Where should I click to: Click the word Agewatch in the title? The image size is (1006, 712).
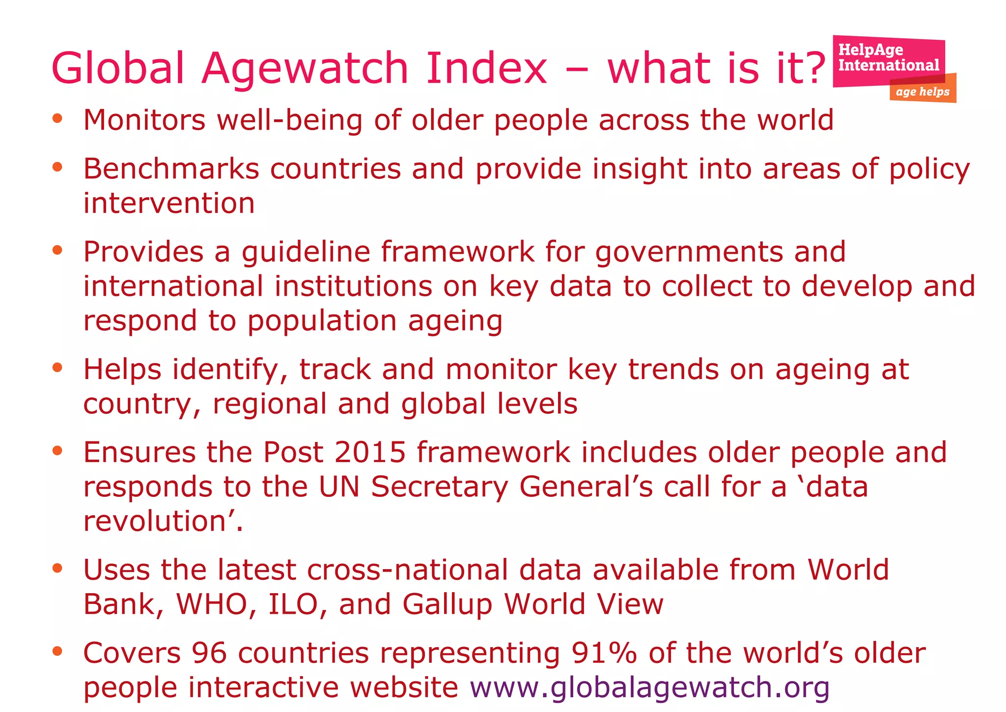coord(305,68)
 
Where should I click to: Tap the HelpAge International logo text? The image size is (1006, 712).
coord(888,57)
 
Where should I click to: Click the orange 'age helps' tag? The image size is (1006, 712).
coord(922,92)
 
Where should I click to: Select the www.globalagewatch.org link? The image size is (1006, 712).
coord(649,687)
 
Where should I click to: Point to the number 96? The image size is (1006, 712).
coord(209,653)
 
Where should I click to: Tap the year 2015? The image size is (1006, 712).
coord(370,452)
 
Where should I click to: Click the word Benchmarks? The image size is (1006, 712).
coord(171,169)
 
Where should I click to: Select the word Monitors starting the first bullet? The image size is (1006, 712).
coord(144,120)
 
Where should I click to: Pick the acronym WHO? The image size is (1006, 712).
coord(211,604)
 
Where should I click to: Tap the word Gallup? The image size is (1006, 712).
coord(447,605)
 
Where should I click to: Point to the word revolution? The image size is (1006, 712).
coord(154,521)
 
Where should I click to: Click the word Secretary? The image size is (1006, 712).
coord(439,487)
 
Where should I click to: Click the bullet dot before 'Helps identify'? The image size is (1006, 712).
coord(57,367)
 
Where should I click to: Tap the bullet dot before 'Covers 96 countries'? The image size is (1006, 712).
coord(57,651)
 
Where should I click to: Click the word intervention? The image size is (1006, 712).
coord(169,203)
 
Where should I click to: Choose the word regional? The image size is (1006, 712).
coord(269,404)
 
